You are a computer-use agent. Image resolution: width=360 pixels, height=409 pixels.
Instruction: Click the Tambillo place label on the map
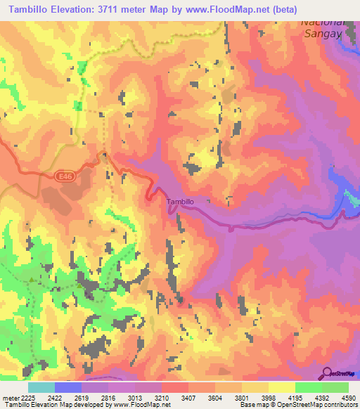point(180,202)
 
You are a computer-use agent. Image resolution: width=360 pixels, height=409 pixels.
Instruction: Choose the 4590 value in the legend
point(348,398)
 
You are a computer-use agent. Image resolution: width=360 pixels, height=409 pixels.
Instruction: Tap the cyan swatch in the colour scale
point(41,387)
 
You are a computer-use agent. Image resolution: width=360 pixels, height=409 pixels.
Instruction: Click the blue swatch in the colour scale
point(67,387)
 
